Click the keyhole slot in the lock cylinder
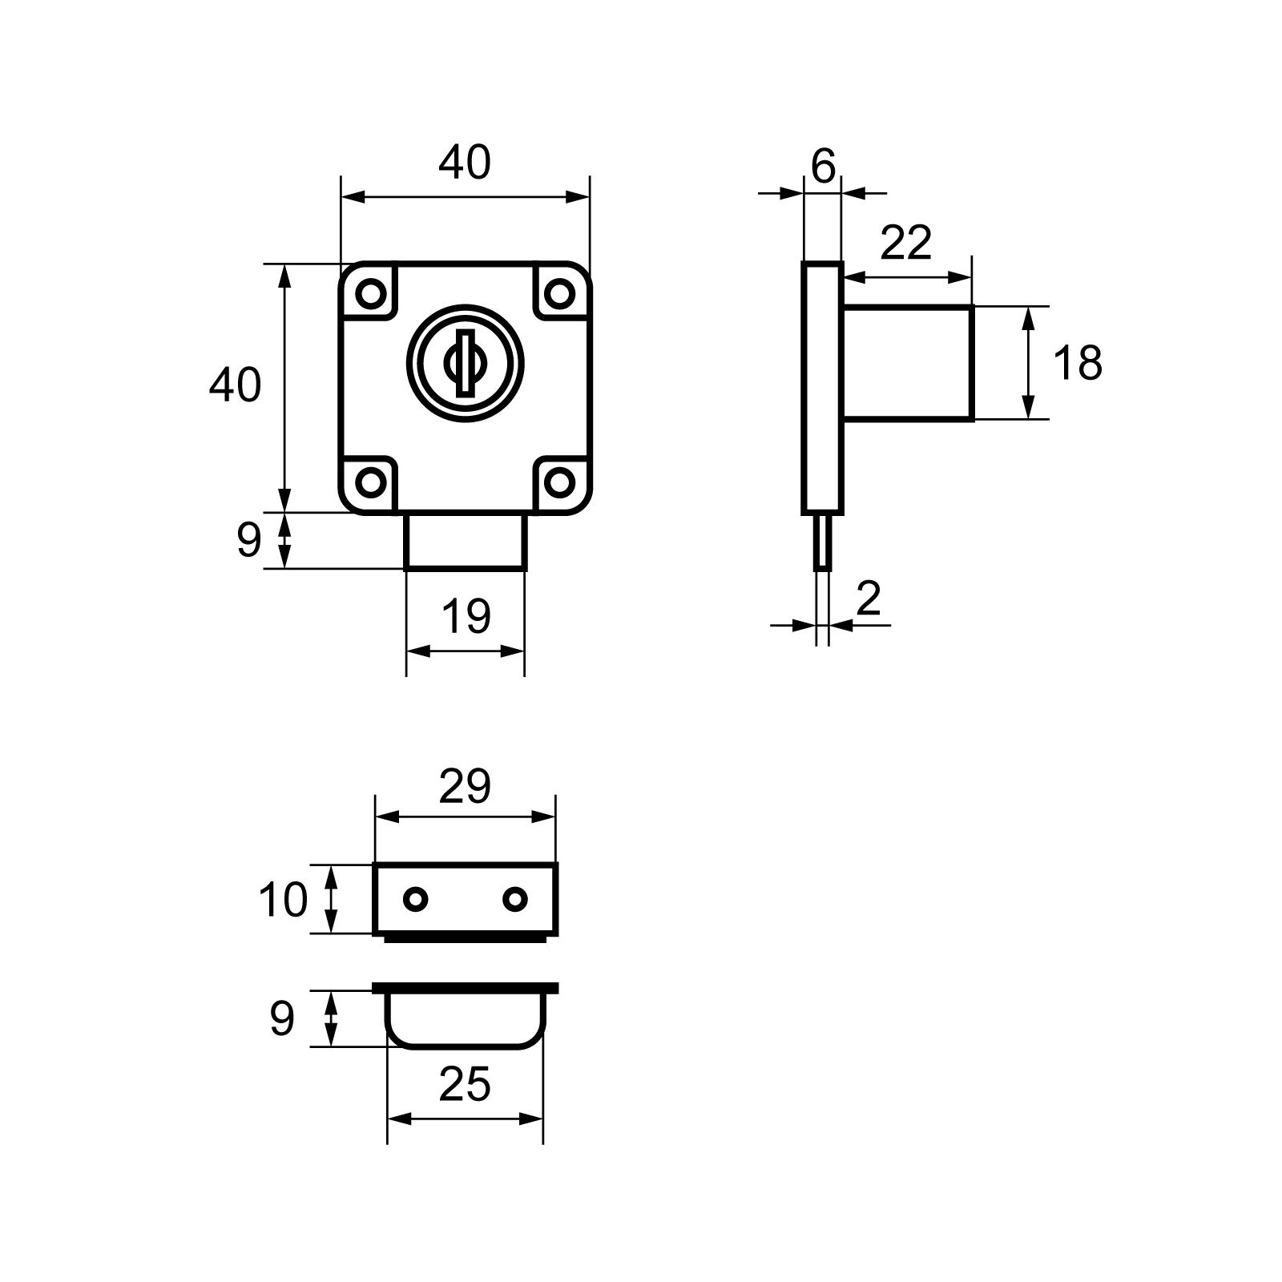464,362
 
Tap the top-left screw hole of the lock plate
370,292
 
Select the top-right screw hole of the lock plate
558,292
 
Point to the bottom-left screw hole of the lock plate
370,482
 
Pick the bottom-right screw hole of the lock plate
558,482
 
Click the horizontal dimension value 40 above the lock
464,163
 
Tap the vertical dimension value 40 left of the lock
235,385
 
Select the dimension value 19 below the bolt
466,617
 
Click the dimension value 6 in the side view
823,167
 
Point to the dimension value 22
907,243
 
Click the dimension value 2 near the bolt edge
869,599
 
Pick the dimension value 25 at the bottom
465,1086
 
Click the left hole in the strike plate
415,900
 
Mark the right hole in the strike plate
515,900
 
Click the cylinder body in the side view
908,363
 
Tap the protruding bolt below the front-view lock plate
466,541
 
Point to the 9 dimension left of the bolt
249,541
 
